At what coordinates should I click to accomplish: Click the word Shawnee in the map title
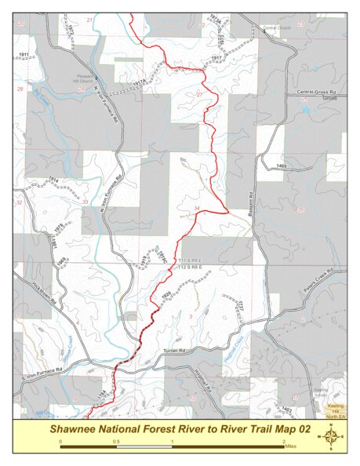(75, 429)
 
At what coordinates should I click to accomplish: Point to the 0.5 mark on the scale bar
(116, 441)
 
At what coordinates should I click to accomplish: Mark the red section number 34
(197, 208)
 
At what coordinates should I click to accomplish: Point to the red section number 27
(199, 94)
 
